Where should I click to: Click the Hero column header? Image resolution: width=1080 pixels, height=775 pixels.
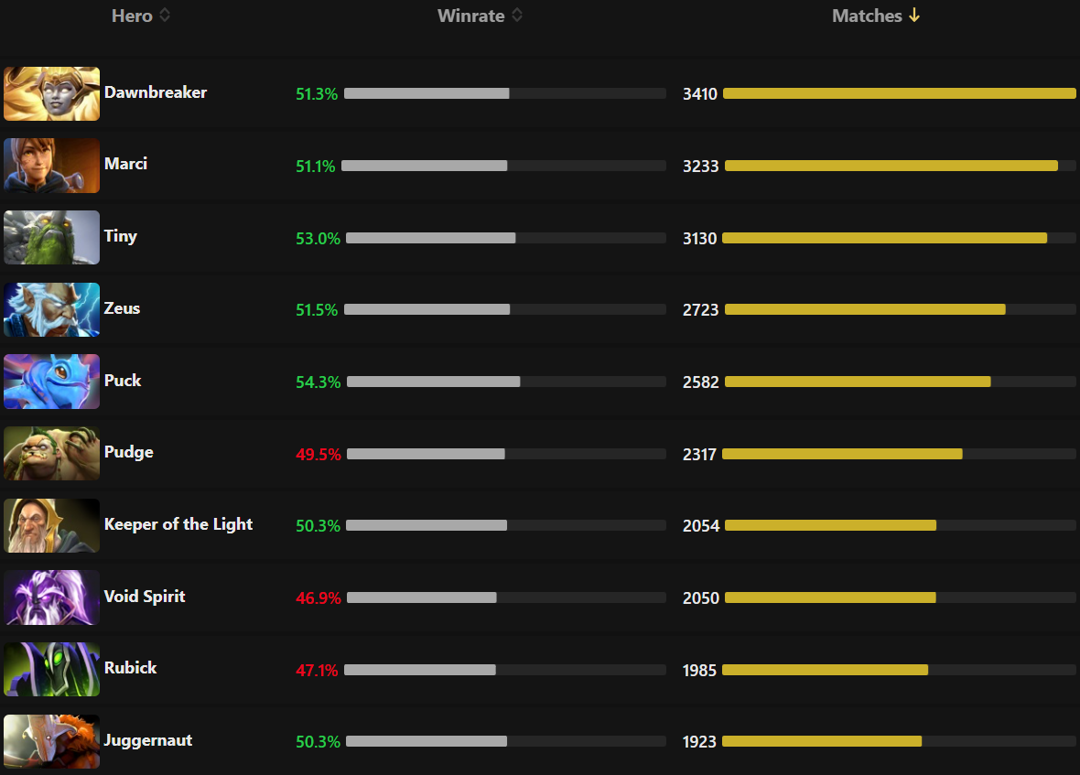coord(132,16)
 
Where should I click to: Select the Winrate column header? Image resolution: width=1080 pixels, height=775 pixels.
coord(470,16)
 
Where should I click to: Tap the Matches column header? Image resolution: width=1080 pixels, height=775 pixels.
coord(866,16)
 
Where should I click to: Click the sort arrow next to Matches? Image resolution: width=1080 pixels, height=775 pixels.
coord(913,16)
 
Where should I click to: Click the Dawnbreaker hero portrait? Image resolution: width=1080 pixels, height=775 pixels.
coord(51,93)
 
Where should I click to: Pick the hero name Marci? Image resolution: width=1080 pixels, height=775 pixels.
coord(125,164)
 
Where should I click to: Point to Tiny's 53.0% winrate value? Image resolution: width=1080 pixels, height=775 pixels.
coord(318,239)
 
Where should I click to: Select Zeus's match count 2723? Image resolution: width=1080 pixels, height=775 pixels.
coord(701,310)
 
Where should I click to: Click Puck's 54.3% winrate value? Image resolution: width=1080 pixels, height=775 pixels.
coord(318,382)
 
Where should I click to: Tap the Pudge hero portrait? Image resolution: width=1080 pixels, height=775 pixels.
coord(51,454)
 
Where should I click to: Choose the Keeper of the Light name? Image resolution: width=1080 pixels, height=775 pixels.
coord(178,524)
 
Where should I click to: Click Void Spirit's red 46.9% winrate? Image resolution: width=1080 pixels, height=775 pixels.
coord(318,598)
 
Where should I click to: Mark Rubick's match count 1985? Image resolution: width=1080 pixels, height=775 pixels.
coord(700,671)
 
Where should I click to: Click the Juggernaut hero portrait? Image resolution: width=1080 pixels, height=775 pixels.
coord(51,742)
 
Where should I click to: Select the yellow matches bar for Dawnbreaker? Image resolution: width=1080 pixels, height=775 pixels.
coord(899,93)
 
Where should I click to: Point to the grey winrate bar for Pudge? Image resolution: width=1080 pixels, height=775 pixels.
coord(426,454)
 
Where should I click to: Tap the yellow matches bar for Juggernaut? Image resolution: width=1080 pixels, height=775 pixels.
coord(822,741)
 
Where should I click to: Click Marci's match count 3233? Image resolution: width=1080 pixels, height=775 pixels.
coord(701,167)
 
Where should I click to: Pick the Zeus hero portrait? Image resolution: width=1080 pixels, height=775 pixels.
coord(51,310)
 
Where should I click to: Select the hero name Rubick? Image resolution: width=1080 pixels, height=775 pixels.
coord(130,668)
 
